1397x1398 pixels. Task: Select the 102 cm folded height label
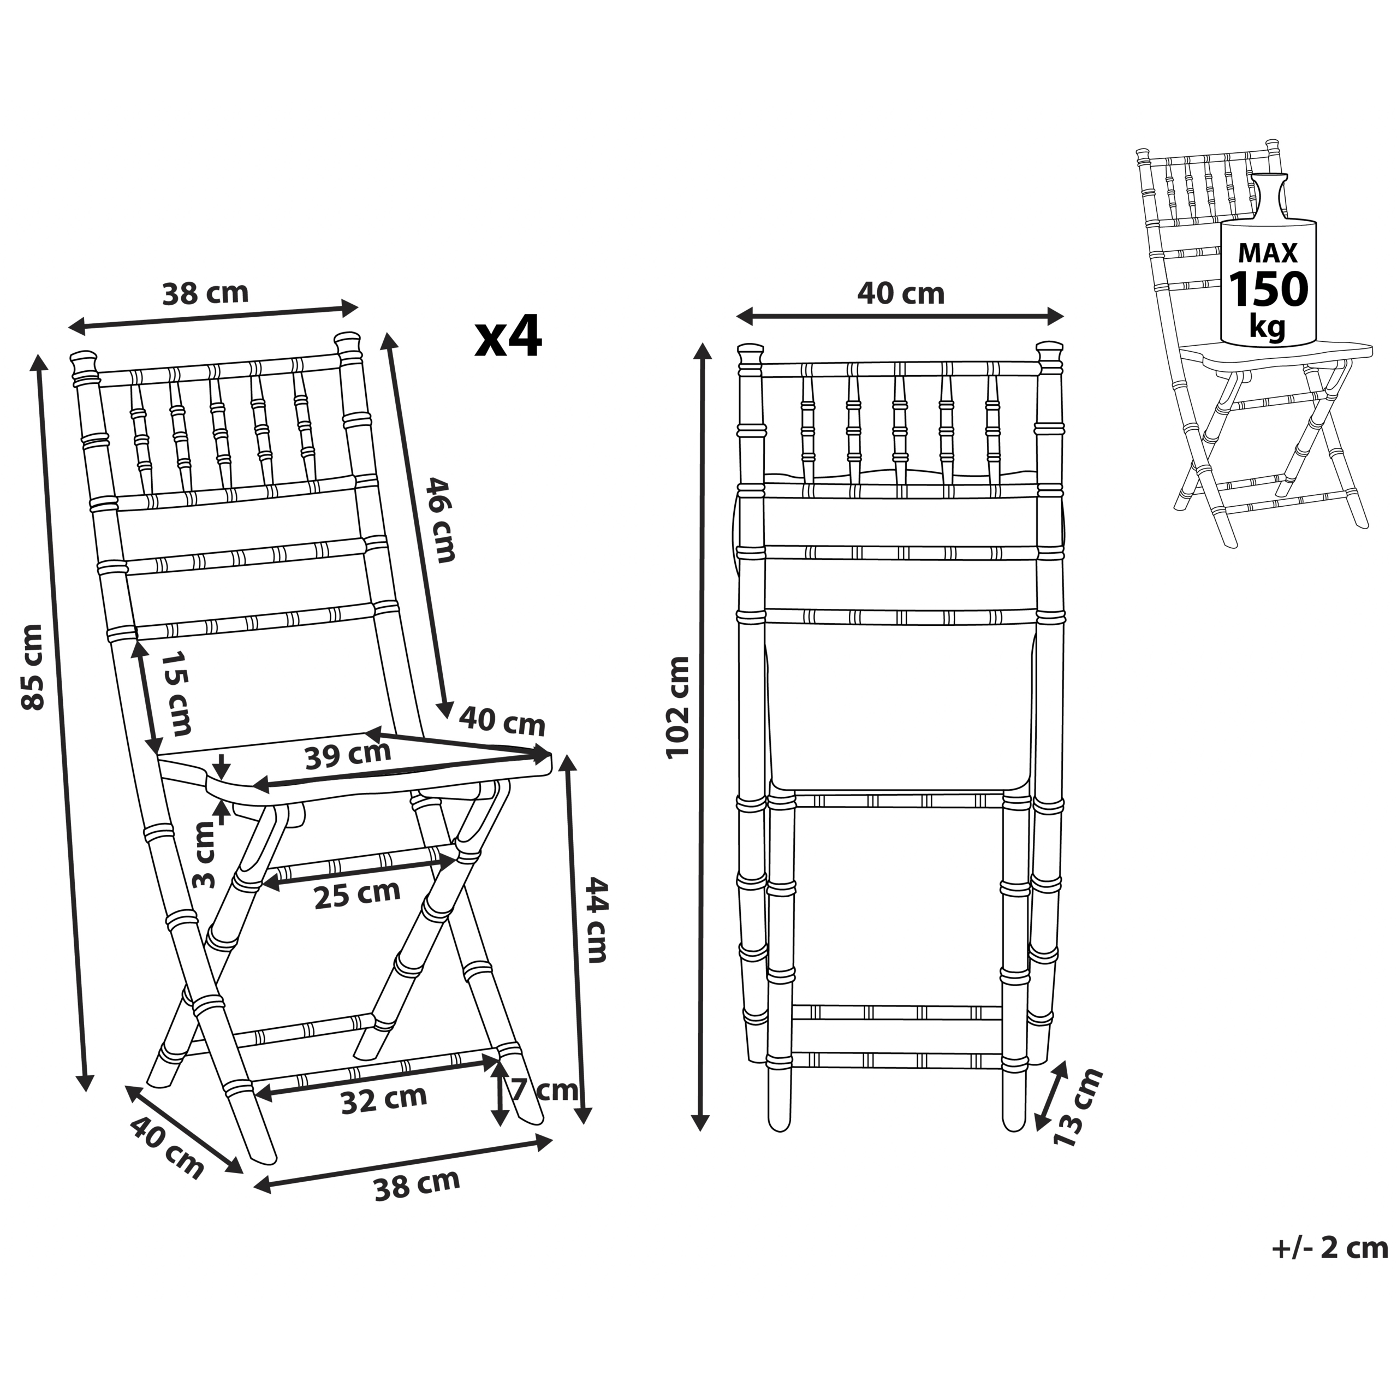pos(678,707)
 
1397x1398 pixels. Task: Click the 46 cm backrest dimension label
pos(441,519)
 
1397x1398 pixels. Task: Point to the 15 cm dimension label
pos(176,692)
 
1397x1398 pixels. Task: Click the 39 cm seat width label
pos(347,755)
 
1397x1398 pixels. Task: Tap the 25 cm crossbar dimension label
pos(356,895)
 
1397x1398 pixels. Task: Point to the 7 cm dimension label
pos(545,1090)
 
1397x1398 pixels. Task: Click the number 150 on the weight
pos(1269,289)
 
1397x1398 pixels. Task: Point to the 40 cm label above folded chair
pos(901,294)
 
